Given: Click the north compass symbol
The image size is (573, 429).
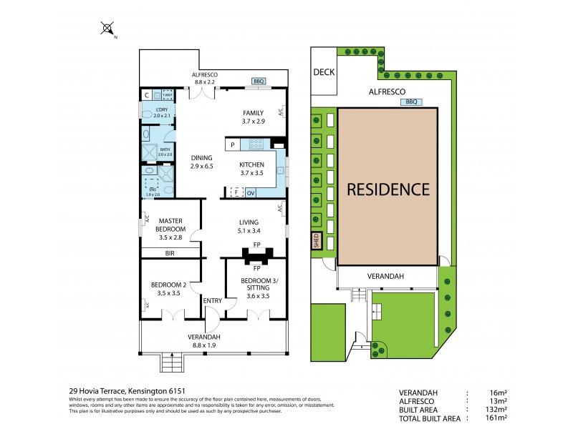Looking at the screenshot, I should [107, 29].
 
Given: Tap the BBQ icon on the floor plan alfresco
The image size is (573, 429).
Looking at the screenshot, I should [259, 82].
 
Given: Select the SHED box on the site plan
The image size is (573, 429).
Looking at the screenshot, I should [314, 241].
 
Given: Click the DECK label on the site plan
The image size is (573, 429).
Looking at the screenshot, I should [323, 71].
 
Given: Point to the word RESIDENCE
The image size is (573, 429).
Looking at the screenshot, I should [388, 189].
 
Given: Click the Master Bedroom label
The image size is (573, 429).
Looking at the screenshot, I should [172, 225].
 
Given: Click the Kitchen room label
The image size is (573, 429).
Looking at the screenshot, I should [251, 168].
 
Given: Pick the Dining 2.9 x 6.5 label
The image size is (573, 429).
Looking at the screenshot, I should [202, 162].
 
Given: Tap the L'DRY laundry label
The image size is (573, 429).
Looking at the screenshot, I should [162, 112].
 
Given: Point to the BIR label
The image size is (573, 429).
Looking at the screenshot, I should [170, 253].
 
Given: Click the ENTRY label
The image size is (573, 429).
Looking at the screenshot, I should [213, 301].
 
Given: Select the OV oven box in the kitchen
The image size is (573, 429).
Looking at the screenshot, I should [251, 192].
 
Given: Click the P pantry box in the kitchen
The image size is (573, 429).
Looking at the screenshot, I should [233, 145].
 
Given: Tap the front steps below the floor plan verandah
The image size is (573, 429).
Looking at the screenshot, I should [172, 363].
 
